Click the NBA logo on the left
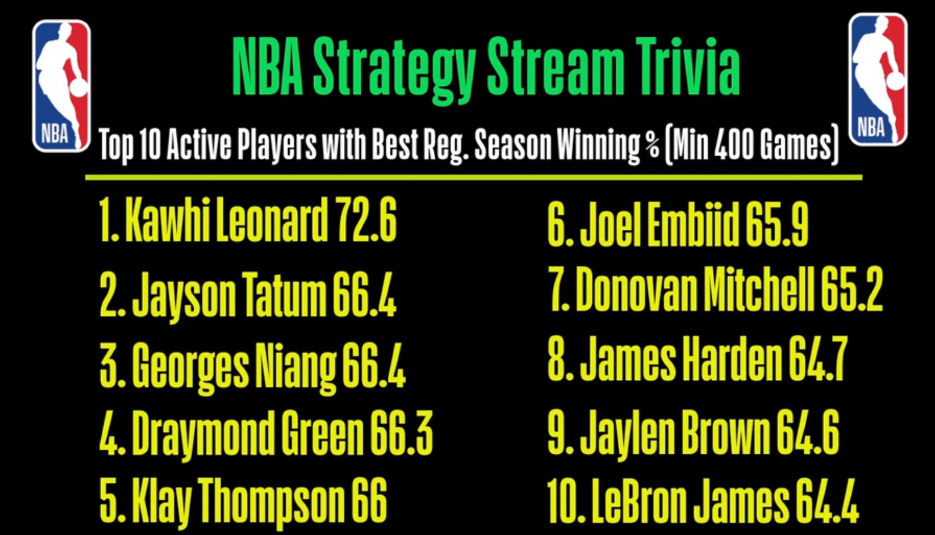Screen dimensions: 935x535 [61, 86]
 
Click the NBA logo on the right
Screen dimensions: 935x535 [878, 79]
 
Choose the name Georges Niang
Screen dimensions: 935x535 [234, 367]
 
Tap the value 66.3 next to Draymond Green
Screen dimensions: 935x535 [401, 433]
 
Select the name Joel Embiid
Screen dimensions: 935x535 [659, 224]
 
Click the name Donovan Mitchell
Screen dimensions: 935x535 [695, 289]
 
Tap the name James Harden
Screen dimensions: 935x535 [681, 359]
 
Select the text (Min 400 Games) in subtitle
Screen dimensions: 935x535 [751, 144]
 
